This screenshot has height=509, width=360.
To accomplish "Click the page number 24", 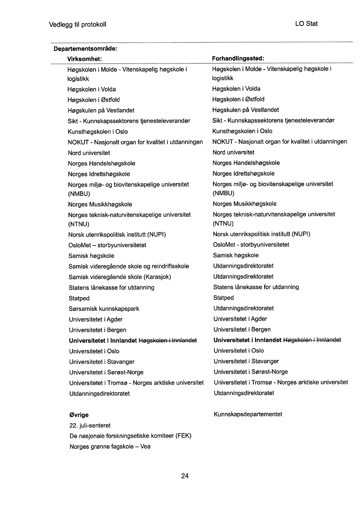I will pyautogui.click(x=185, y=476).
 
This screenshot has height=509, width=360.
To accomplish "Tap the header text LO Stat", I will pyautogui.click(x=306, y=24).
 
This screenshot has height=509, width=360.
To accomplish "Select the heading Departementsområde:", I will pyautogui.click(x=85, y=49).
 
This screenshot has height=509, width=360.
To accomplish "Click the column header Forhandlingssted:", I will pyautogui.click(x=238, y=58).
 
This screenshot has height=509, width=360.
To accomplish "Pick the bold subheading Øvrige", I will pyautogui.click(x=79, y=415).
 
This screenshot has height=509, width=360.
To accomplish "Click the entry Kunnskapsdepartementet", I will pyautogui.click(x=248, y=414).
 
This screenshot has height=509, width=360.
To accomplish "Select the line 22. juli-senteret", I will pyautogui.click(x=90, y=425).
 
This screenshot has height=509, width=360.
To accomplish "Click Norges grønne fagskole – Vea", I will pyautogui.click(x=110, y=446).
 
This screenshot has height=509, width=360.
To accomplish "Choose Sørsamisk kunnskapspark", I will pyautogui.click(x=104, y=309).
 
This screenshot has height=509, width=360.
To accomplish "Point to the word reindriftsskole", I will pyautogui.click(x=170, y=266).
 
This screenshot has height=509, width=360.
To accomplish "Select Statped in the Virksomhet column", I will pyautogui.click(x=79, y=298).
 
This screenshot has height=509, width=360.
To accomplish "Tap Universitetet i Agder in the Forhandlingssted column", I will pyautogui.click(x=240, y=319).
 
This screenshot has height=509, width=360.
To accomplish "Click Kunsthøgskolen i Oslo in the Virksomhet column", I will pyautogui.click(x=98, y=131).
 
